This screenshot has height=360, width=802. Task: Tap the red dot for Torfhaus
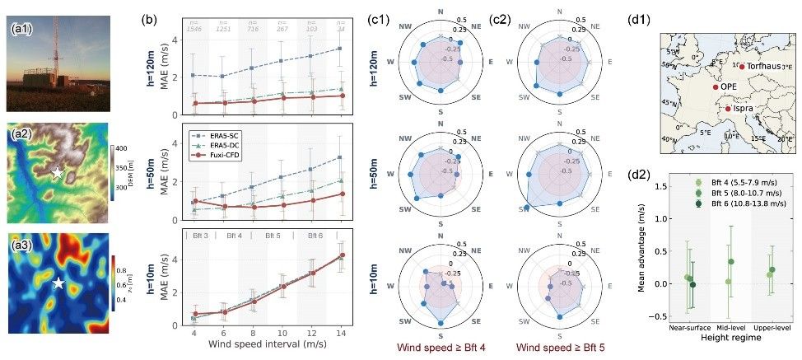pyautogui.click(x=742, y=66)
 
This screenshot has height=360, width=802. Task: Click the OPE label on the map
pyautogui.click(x=729, y=86)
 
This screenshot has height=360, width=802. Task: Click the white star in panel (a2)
pyautogui.click(x=57, y=173)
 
